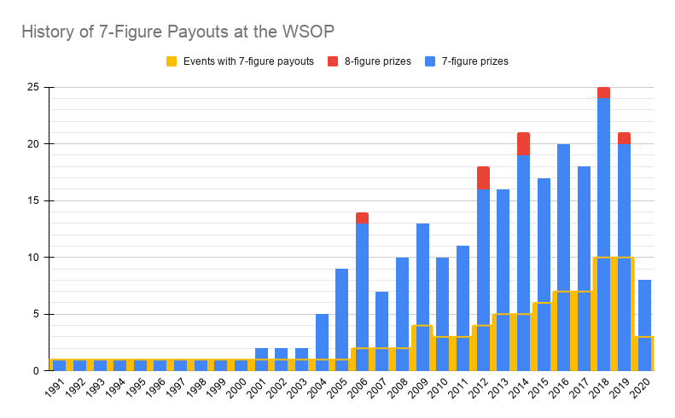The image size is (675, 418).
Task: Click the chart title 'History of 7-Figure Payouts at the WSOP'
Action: tap(177, 32)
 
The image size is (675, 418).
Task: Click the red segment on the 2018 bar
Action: tap(603, 93)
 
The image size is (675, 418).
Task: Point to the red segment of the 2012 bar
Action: tap(483, 177)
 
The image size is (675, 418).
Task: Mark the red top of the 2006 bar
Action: tap(362, 218)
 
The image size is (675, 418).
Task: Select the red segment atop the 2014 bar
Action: tap(523, 143)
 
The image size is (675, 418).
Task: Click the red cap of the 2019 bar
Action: tap(624, 138)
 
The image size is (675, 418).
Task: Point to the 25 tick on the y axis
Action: tap(33, 87)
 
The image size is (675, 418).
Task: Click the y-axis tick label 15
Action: tap(33, 200)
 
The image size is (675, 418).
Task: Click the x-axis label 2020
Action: tap(642, 389)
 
